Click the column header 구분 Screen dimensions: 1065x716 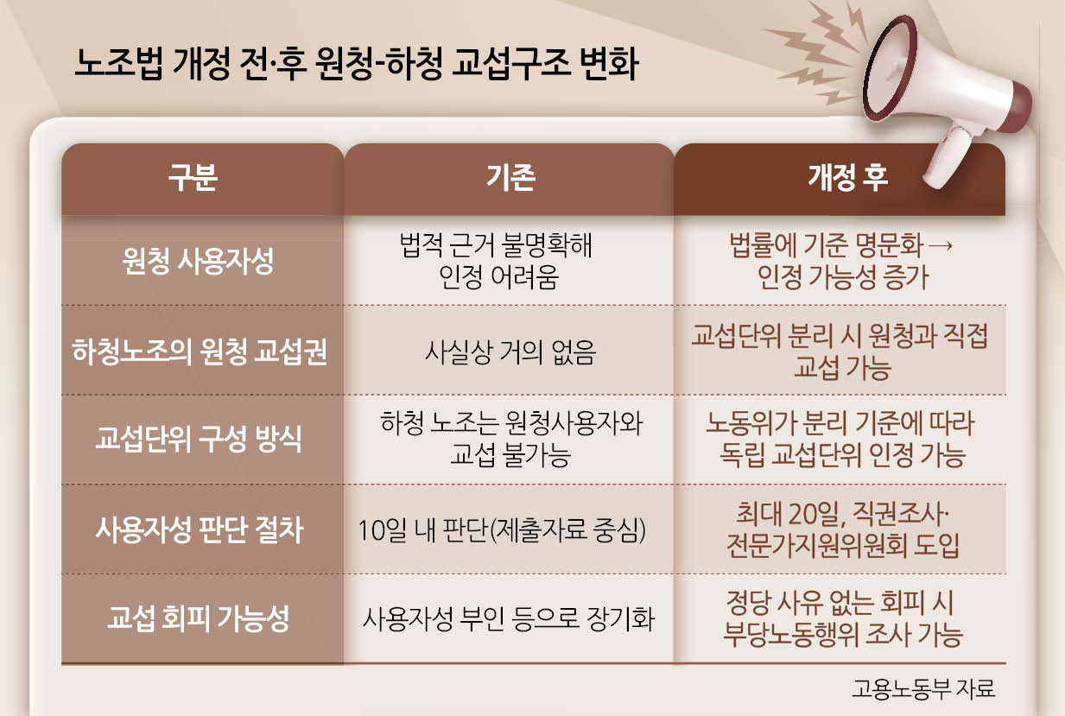[193, 177]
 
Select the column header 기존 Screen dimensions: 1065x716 [511, 177]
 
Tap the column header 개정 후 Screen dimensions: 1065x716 [847, 177]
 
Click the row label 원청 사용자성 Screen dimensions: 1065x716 [199, 262]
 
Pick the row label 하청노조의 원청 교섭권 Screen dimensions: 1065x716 [200, 352]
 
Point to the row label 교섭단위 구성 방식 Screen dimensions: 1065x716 [199, 439]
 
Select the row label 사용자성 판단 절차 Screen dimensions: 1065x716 [200, 529]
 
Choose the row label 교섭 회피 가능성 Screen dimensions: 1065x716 [199, 618]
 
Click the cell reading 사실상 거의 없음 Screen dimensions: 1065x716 [510, 352]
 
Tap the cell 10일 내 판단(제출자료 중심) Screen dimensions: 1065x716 [502, 530]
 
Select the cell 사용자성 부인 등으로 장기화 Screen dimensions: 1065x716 [509, 618]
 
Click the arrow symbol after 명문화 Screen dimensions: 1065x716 [940, 245]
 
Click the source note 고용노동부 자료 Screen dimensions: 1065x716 [923, 688]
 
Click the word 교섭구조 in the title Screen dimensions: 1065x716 [510, 64]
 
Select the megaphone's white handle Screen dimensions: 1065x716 [946, 157]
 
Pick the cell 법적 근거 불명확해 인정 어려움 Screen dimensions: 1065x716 [497, 261]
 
